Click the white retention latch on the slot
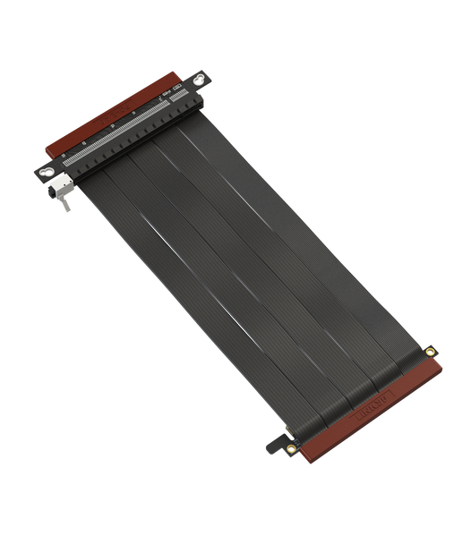tap(61, 186)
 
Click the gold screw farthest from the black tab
tap(432, 351)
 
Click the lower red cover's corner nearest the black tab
tap(295, 456)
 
